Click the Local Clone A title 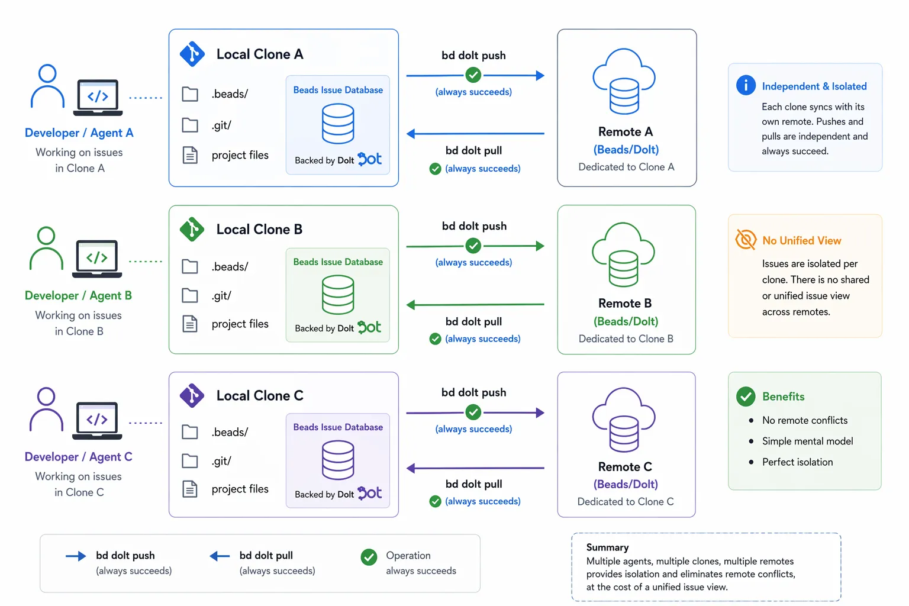pyautogui.click(x=259, y=54)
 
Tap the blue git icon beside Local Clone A pyautogui.click(x=192, y=54)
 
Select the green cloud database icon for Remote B pyautogui.click(x=623, y=254)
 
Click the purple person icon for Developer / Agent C pyautogui.click(x=46, y=410)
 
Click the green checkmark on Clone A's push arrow pyautogui.click(x=473, y=75)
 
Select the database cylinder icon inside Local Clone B pyautogui.click(x=338, y=295)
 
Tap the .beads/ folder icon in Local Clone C pyautogui.click(x=190, y=432)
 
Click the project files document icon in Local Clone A pyautogui.click(x=190, y=155)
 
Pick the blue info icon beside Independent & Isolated pyautogui.click(x=746, y=85)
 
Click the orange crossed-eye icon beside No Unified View pyautogui.click(x=746, y=240)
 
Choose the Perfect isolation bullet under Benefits pyautogui.click(x=797, y=462)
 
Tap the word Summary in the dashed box pyautogui.click(x=607, y=547)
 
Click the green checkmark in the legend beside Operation pyautogui.click(x=369, y=557)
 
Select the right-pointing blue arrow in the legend pyautogui.click(x=76, y=556)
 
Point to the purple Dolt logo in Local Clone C pyautogui.click(x=370, y=493)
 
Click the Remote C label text pyautogui.click(x=625, y=467)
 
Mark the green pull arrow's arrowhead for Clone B pyautogui.click(x=411, y=305)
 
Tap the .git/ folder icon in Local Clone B pyautogui.click(x=190, y=295)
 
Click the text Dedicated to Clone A pyautogui.click(x=626, y=167)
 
